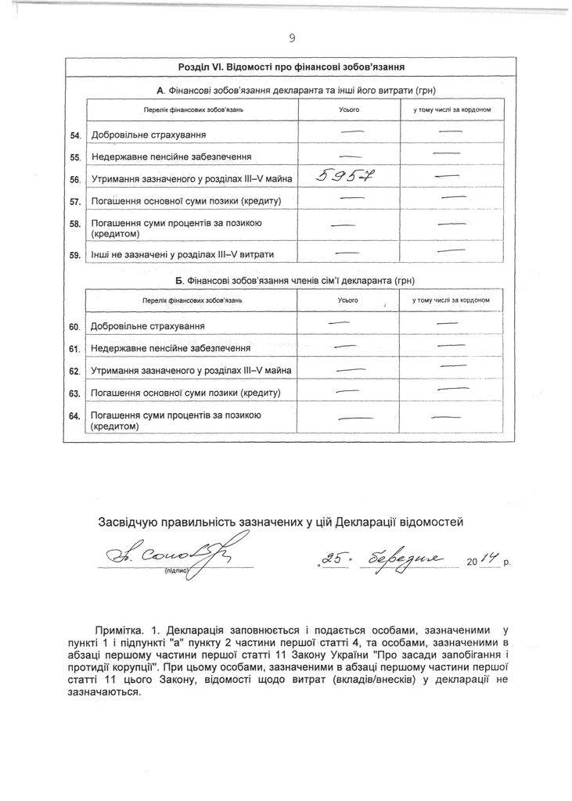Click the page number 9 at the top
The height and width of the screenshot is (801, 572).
click(291, 37)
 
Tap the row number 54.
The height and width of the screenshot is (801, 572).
click(75, 136)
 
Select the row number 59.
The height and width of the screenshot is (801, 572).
click(75, 254)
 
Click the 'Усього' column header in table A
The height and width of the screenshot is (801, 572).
click(348, 110)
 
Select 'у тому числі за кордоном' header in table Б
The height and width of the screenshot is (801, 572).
click(451, 301)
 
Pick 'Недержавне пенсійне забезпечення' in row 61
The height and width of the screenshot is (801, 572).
click(171, 348)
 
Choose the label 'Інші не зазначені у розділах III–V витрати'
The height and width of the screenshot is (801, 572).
click(182, 254)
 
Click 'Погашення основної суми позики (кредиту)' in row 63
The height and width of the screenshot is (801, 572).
click(185, 392)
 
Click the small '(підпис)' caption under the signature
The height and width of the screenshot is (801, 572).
click(174, 572)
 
